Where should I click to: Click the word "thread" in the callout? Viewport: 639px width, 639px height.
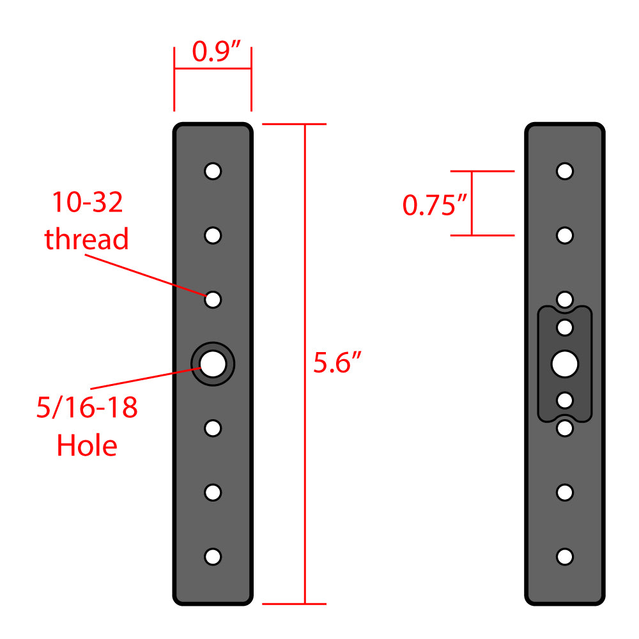(86, 239)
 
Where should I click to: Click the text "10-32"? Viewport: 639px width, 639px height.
(87, 203)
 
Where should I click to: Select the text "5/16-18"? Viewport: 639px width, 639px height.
(87, 408)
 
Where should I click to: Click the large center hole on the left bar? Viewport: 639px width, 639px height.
(213, 364)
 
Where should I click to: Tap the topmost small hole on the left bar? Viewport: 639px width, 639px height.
(213, 171)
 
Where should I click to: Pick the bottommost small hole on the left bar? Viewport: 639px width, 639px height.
(213, 557)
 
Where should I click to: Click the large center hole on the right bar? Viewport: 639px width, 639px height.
(564, 364)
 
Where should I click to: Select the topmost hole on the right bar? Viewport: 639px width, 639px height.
(564, 171)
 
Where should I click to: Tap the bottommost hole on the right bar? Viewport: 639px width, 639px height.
(564, 557)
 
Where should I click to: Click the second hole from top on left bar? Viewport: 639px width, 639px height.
(213, 235)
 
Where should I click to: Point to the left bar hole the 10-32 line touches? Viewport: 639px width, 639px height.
(213, 299)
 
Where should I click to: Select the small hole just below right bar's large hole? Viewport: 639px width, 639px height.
(564, 400)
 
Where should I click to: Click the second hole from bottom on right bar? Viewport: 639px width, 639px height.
(564, 493)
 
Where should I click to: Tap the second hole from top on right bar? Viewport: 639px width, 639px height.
(564, 235)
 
